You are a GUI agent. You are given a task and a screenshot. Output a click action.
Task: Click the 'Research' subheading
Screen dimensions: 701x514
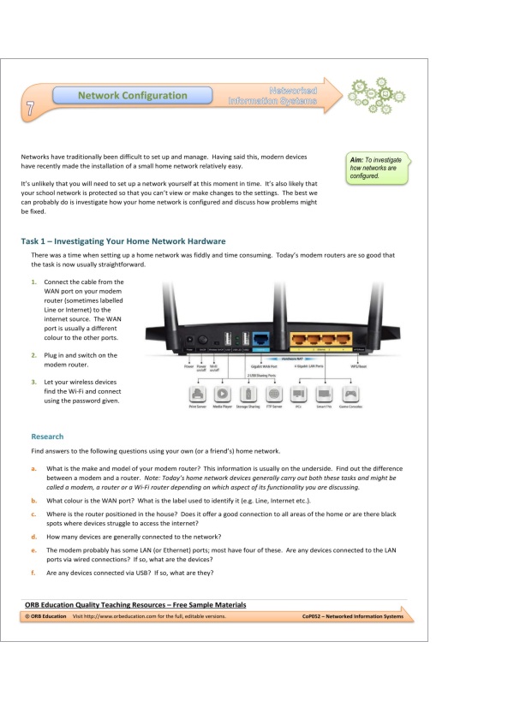point(47,437)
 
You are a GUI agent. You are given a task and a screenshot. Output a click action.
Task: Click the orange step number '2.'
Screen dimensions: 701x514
point(33,354)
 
